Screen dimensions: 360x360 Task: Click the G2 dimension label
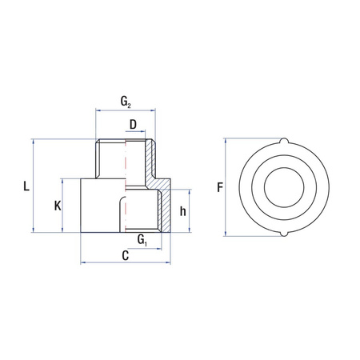(126, 102)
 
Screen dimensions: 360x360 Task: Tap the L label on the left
(26, 187)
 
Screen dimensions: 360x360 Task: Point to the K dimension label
(58, 206)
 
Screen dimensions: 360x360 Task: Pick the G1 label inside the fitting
(142, 239)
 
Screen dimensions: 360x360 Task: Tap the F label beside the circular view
(219, 188)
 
